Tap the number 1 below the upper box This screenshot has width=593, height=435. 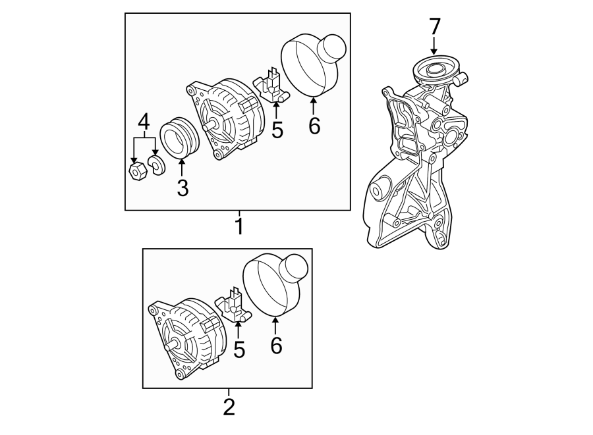tap(239, 226)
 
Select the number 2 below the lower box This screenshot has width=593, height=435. tap(229, 406)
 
